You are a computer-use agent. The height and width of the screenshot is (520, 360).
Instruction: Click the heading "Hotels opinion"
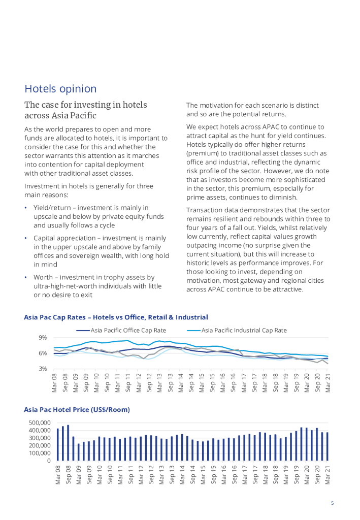click(x=60, y=89)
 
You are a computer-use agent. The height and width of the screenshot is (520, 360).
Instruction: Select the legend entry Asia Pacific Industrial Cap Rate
click(x=244, y=330)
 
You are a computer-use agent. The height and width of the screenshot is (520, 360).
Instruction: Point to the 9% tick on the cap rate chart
click(x=43, y=338)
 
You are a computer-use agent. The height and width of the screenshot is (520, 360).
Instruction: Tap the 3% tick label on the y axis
click(x=43, y=369)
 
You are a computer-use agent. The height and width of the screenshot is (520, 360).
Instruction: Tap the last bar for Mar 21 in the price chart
click(x=328, y=446)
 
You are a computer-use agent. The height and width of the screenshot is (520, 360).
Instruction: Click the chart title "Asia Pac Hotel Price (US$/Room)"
click(x=77, y=409)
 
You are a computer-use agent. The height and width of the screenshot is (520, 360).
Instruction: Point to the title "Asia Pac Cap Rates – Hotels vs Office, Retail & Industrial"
click(x=116, y=317)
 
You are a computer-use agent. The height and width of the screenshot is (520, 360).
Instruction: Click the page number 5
click(x=332, y=503)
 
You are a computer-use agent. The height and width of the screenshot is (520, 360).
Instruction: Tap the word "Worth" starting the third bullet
click(x=44, y=278)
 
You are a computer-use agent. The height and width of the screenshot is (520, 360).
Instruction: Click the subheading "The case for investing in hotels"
click(x=86, y=105)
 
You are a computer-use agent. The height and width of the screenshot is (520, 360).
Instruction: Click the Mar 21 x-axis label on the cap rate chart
click(x=328, y=383)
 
